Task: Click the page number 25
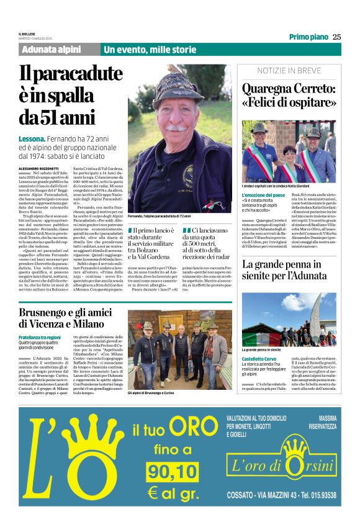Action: [336, 37]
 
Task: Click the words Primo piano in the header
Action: [308, 37]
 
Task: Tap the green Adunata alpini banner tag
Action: [59, 50]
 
